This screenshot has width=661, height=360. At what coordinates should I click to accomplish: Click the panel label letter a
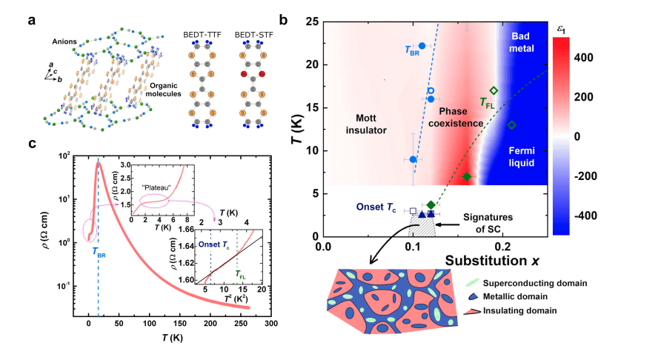(32, 20)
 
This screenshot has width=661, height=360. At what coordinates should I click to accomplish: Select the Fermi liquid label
(519, 154)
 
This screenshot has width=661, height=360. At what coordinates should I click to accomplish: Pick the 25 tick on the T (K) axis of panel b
(311, 22)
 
